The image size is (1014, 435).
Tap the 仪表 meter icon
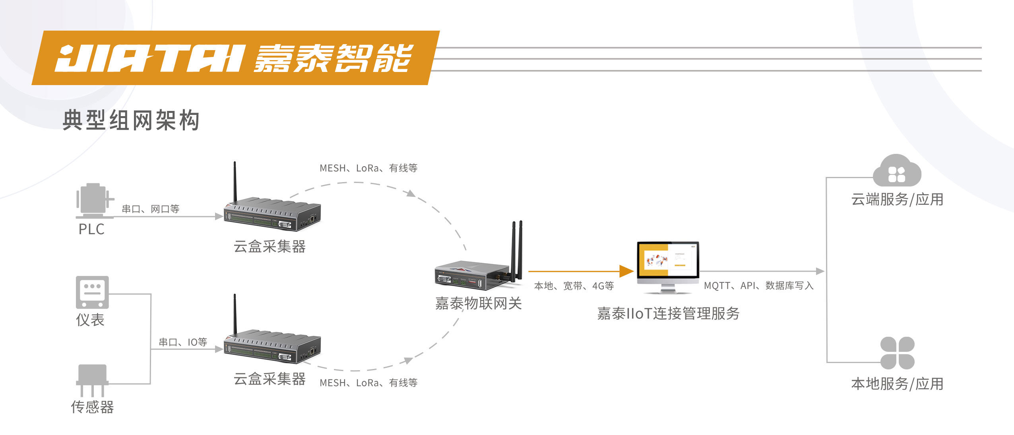click(92, 292)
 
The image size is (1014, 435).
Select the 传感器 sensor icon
click(92, 379)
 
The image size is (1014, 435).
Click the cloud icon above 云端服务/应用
click(897, 171)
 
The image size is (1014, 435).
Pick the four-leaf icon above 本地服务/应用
click(897, 353)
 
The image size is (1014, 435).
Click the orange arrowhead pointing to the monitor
click(626, 271)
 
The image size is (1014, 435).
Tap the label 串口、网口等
click(150, 209)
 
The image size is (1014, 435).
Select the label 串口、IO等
click(183, 342)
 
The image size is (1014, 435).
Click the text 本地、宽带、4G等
click(574, 285)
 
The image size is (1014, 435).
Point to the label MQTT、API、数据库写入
click(758, 285)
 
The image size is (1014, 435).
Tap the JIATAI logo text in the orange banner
click(149, 58)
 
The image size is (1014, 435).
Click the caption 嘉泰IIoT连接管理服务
click(668, 313)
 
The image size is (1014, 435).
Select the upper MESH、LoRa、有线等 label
click(368, 168)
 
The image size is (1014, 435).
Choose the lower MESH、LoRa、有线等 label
click(368, 383)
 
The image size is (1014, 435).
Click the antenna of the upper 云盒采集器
click(235, 181)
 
